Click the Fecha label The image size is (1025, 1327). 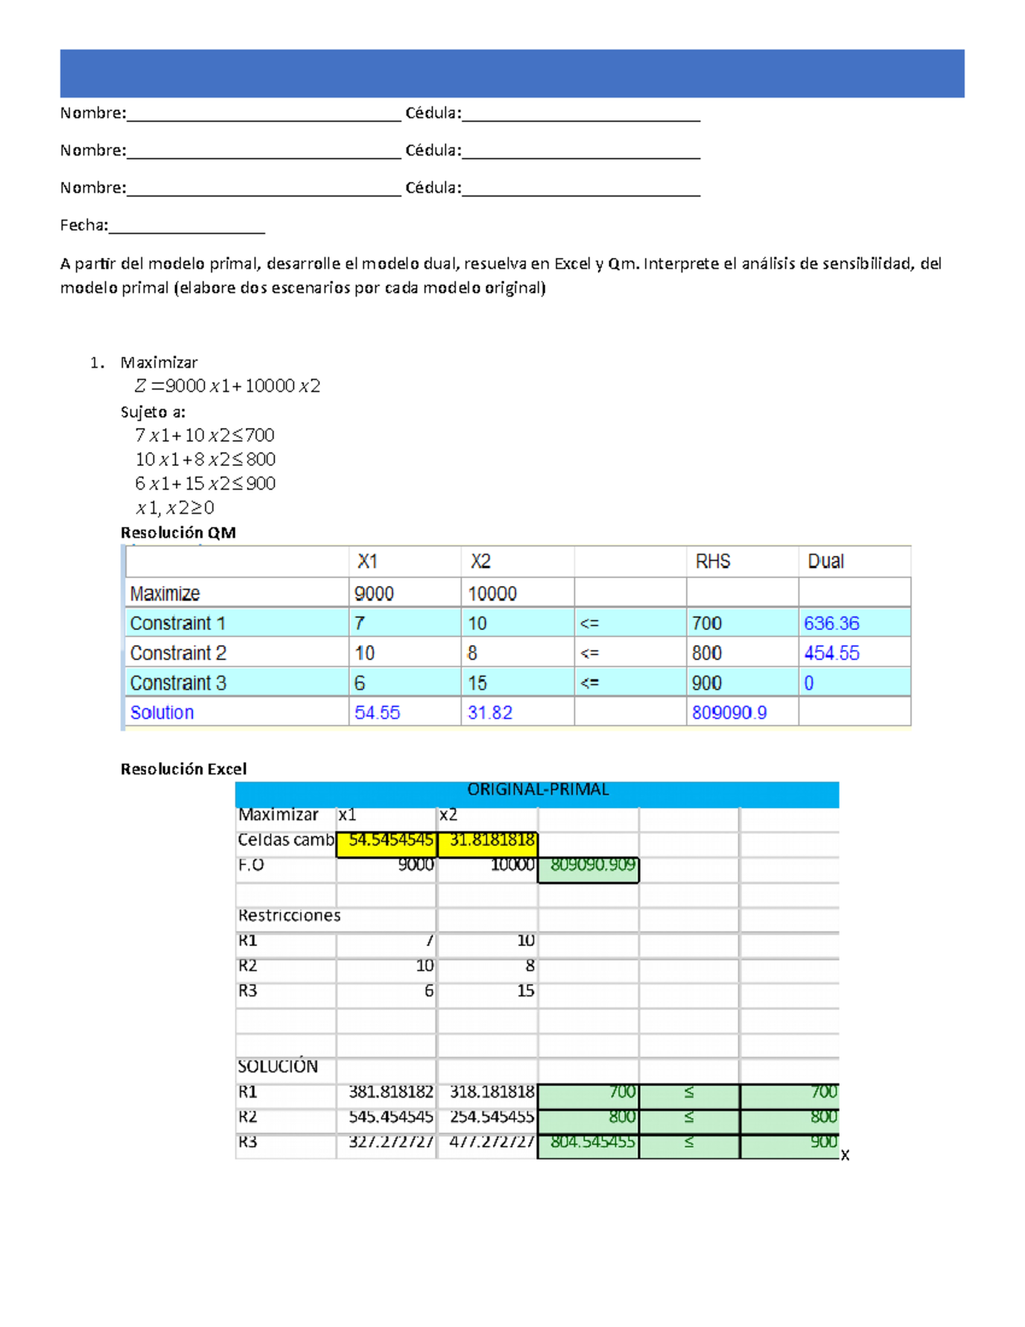[84, 226]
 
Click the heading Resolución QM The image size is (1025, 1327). [178, 533]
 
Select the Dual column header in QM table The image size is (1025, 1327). [825, 561]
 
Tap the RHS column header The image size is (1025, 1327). [712, 561]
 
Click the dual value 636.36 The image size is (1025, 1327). [831, 624]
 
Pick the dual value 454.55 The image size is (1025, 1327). [831, 654]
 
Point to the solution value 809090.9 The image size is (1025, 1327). [729, 713]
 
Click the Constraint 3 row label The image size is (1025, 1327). [178, 684]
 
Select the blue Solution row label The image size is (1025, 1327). [161, 713]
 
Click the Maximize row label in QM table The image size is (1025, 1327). [165, 594]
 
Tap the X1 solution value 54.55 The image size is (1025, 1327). [377, 713]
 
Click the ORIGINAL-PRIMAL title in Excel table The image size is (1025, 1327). [537, 790]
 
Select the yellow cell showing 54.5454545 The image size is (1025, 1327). [387, 841]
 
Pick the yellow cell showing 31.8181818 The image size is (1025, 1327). [489, 841]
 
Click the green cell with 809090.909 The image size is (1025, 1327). [589, 866]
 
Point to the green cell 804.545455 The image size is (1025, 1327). [589, 1142]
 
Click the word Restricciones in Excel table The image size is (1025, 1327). [289, 916]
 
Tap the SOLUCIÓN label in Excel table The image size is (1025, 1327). [278, 1066]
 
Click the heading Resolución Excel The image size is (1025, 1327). [184, 769]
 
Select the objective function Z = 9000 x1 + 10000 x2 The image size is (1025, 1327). [227, 386]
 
